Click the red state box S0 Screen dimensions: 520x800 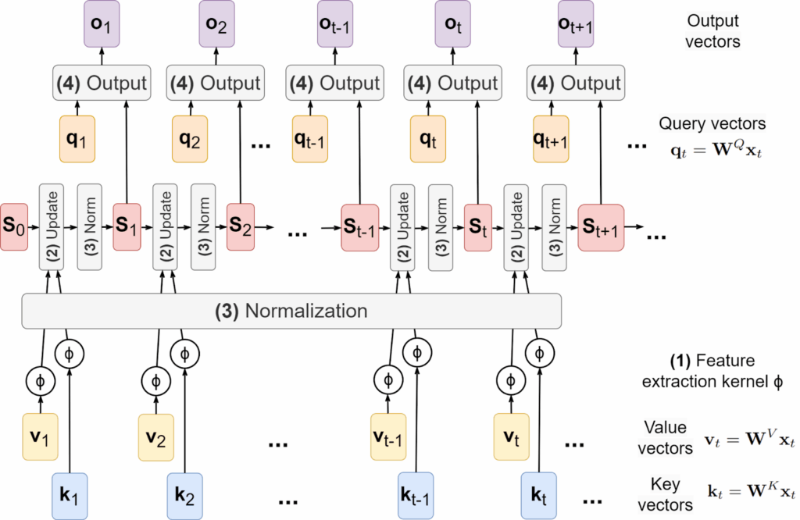tap(14, 226)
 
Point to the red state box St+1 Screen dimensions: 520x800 tap(602, 227)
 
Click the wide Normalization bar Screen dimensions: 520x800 tap(291, 311)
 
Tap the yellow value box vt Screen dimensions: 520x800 tap(512, 436)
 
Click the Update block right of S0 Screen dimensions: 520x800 tap(51, 227)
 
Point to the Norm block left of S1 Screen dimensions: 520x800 tap(89, 227)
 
